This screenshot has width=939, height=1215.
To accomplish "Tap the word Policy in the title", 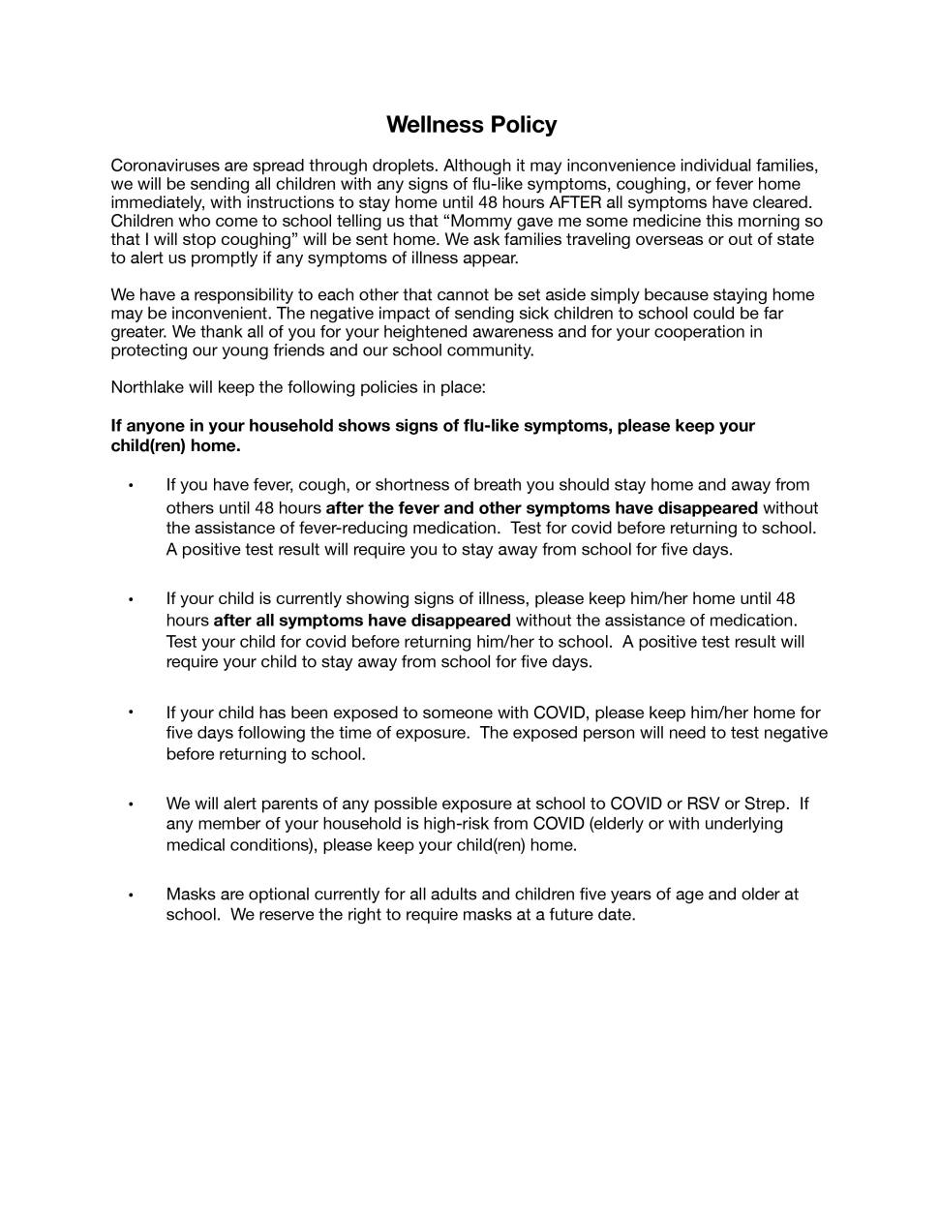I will (x=524, y=125).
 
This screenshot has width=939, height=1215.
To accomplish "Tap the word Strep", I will (x=767, y=804).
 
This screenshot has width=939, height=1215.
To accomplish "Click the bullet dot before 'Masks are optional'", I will (x=130, y=895).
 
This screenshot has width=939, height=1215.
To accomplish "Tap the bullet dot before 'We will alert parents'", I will (x=130, y=804).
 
